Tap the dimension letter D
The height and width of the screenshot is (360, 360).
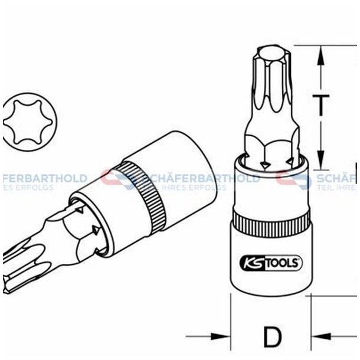[x=272, y=338]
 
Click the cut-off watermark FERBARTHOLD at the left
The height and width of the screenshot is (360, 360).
[x=44, y=178]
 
